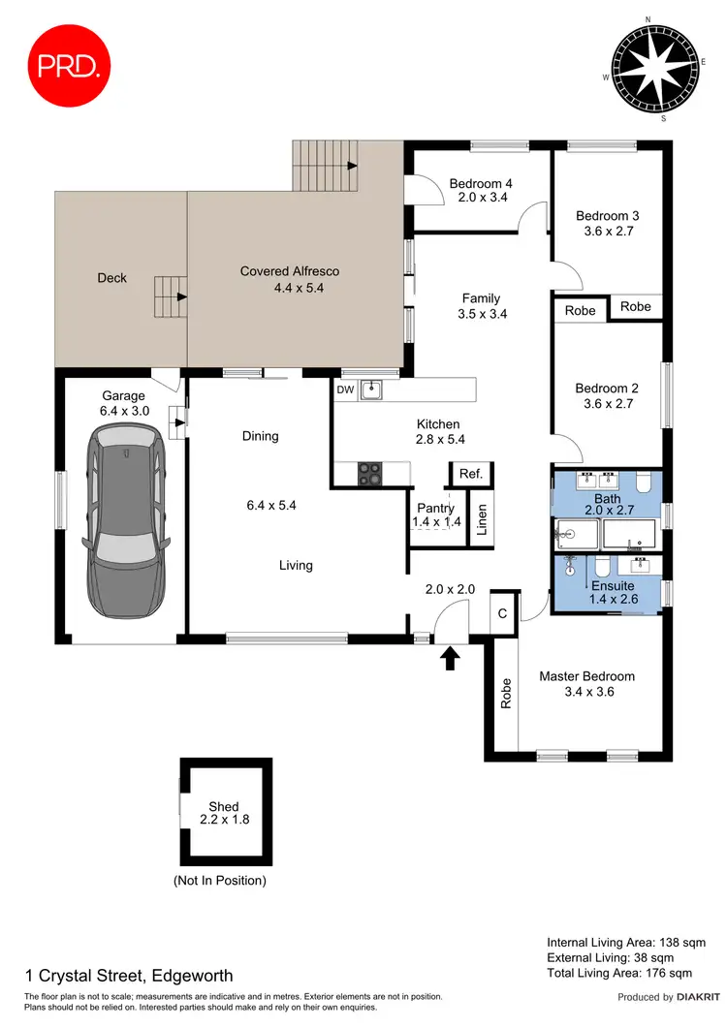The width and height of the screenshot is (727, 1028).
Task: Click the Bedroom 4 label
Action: click(481, 184)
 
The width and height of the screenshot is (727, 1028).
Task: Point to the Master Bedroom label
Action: click(586, 676)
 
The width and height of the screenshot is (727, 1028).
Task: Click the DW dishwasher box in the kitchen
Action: click(344, 390)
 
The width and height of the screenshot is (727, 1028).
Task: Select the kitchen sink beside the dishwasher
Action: click(371, 390)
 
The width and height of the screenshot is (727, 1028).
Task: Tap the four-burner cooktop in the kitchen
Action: click(371, 474)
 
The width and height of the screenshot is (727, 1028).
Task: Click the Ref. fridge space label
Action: click(471, 474)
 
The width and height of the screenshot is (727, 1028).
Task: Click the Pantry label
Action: click(435, 508)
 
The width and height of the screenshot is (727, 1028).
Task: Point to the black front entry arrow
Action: click(449, 659)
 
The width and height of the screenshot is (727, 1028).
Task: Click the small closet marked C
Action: click(503, 612)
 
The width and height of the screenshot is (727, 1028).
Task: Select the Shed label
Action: click(223, 806)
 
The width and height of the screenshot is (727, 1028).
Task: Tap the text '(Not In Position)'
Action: click(219, 881)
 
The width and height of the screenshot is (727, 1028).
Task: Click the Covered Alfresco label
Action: click(290, 271)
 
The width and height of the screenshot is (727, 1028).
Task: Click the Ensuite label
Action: click(614, 586)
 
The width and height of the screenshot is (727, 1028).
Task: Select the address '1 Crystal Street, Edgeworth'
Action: click(128, 976)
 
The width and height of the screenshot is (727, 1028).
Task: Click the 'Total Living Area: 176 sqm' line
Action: click(619, 973)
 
